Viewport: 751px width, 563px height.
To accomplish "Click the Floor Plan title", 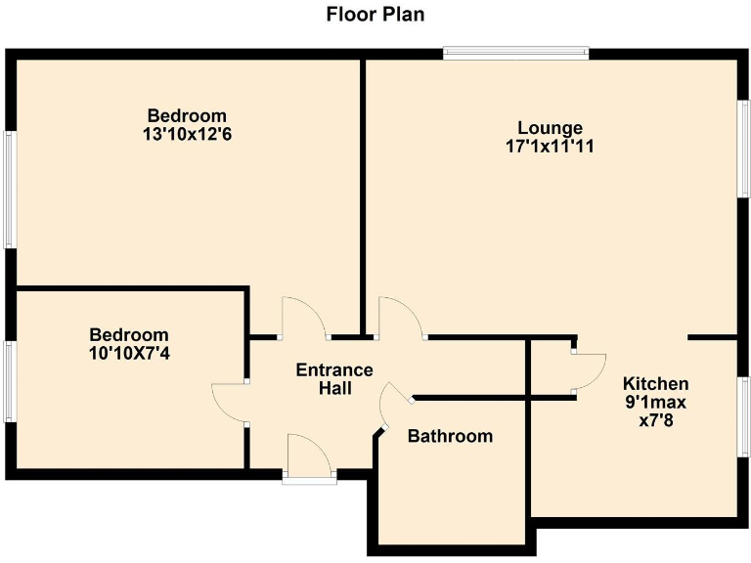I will point(375,15).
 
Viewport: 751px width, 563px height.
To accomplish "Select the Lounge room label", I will point(550,128).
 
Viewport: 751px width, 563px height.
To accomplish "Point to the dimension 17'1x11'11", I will point(550,147).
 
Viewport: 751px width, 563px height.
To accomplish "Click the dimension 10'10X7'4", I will point(128,353).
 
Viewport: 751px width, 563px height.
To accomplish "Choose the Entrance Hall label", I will point(334,379).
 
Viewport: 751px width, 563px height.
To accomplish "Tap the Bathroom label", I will point(450,436).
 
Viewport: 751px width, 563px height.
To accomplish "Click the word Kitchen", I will point(656,383).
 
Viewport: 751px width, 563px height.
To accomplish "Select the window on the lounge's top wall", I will point(515,53).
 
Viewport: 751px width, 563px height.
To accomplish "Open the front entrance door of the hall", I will point(309,459).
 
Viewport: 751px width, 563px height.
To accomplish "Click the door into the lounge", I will point(401,318).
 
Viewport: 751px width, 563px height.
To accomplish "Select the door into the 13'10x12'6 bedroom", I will point(305,318).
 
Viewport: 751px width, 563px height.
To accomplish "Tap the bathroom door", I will point(397,406).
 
